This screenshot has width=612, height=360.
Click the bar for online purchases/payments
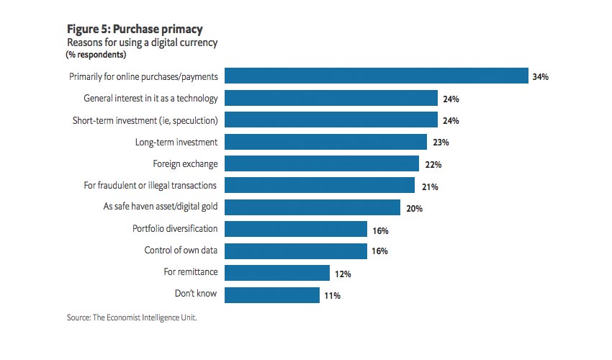click(x=378, y=76)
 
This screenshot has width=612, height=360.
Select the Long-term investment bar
click(x=326, y=142)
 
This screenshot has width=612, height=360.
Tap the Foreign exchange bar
click(x=323, y=164)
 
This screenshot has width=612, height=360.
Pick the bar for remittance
click(x=278, y=273)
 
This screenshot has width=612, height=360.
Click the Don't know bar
click(x=273, y=294)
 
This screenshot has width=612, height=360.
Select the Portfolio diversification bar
click(x=297, y=230)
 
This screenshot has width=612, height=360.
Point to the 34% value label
click(x=541, y=77)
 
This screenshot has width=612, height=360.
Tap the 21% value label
click(x=430, y=186)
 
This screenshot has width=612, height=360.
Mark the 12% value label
click(x=343, y=274)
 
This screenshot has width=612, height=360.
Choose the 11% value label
click(x=332, y=295)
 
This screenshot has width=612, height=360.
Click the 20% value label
click(x=414, y=209)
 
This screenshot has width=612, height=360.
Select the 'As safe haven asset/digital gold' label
click(x=161, y=207)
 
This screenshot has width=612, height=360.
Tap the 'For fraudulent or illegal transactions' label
click(x=150, y=185)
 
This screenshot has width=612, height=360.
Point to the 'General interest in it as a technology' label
click(x=150, y=98)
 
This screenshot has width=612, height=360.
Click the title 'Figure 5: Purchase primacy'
click(x=135, y=30)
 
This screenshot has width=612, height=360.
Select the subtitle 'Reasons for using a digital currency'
click(x=142, y=43)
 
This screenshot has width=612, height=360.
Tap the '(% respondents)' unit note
click(x=96, y=55)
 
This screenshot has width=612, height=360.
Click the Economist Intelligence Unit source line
click(x=132, y=318)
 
